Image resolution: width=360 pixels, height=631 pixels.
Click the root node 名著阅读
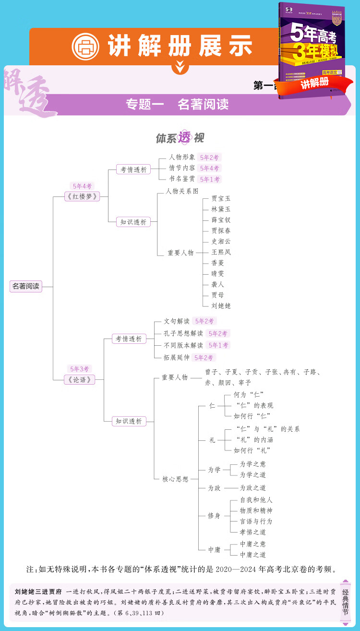[x=26, y=286]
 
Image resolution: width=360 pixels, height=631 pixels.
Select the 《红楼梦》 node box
[x=82, y=196]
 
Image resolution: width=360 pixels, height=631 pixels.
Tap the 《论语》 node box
[x=79, y=379]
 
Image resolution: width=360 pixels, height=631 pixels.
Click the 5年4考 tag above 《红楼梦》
[x=82, y=186]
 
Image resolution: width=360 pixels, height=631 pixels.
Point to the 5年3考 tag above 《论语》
[x=80, y=369]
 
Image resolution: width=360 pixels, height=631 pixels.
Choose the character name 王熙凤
[x=221, y=252]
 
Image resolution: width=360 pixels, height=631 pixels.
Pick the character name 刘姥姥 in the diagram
[x=221, y=305]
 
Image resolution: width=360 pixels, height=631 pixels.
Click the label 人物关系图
[x=182, y=191]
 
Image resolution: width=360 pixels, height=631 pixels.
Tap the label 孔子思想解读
[x=183, y=333]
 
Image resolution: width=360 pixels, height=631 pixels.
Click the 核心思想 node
[x=175, y=479]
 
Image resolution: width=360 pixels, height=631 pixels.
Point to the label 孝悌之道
[x=253, y=532]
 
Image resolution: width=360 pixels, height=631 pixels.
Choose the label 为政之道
[x=253, y=487]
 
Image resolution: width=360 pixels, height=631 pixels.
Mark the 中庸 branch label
[x=214, y=549]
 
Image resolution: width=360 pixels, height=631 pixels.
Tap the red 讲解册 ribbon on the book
[x=315, y=82]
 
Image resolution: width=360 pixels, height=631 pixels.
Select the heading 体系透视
[x=180, y=138]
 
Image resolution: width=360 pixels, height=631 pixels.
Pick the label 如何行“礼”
[x=252, y=450]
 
